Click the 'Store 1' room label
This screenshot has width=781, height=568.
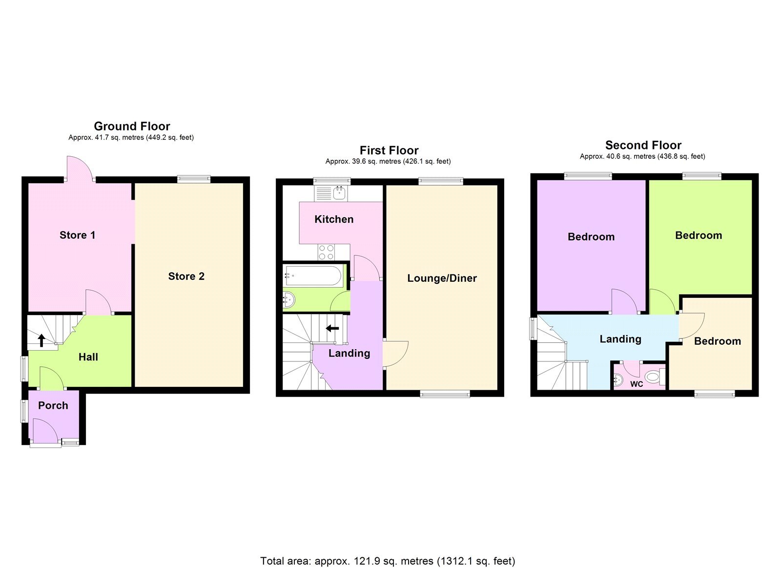(x=77, y=235)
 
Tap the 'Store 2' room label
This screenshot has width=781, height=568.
(x=186, y=276)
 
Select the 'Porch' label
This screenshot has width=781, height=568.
(x=53, y=405)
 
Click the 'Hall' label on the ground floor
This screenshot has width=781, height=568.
(x=88, y=357)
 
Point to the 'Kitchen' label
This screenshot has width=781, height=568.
(x=334, y=219)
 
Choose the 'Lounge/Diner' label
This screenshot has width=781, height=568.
(x=442, y=278)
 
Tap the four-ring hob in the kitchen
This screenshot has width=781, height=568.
(x=326, y=252)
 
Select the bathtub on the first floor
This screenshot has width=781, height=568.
(x=313, y=275)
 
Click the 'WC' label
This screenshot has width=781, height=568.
(x=637, y=384)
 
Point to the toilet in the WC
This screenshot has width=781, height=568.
(x=653, y=377)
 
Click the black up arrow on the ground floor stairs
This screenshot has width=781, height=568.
(x=41, y=340)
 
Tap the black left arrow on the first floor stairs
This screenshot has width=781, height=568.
(x=332, y=328)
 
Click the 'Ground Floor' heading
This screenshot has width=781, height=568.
(x=132, y=126)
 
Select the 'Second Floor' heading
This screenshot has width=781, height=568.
(x=643, y=146)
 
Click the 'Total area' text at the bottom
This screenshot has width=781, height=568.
(x=388, y=561)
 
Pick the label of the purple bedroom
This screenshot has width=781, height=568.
(x=591, y=237)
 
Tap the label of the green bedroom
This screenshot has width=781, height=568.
(x=698, y=235)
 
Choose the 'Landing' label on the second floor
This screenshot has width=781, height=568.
(x=620, y=339)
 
